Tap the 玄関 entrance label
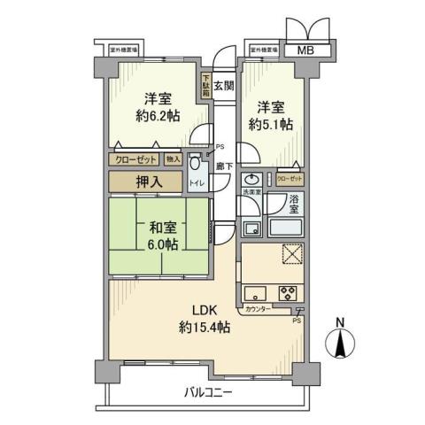[x=223, y=86]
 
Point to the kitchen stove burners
[x=289, y=293]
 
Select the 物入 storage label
[x=173, y=159]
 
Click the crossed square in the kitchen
[x=292, y=254]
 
